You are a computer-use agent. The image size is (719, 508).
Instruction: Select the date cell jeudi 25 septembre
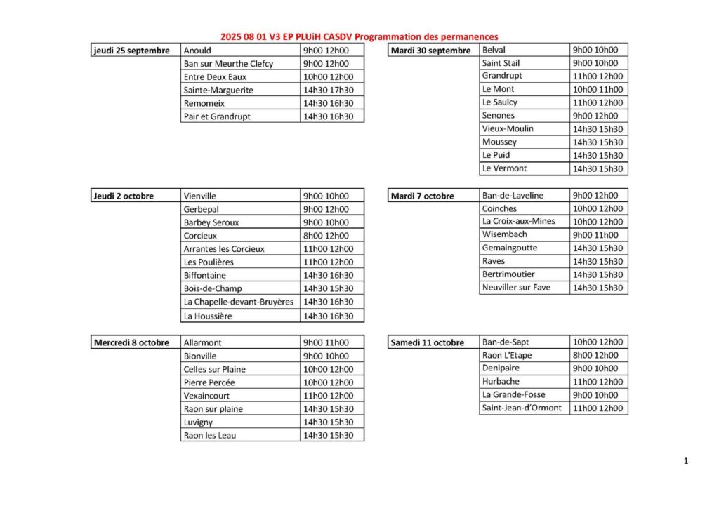(132, 51)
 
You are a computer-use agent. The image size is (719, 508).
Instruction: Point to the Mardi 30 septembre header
(430, 51)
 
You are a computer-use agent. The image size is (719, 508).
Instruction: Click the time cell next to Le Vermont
(598, 169)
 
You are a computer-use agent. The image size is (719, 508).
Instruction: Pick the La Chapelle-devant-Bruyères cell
(238, 302)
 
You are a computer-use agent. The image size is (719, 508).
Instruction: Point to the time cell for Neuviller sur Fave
(598, 288)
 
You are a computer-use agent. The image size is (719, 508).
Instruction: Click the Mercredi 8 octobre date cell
(131, 343)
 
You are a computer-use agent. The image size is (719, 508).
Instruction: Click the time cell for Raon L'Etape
(598, 356)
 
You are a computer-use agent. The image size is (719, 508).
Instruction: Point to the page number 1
(685, 461)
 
